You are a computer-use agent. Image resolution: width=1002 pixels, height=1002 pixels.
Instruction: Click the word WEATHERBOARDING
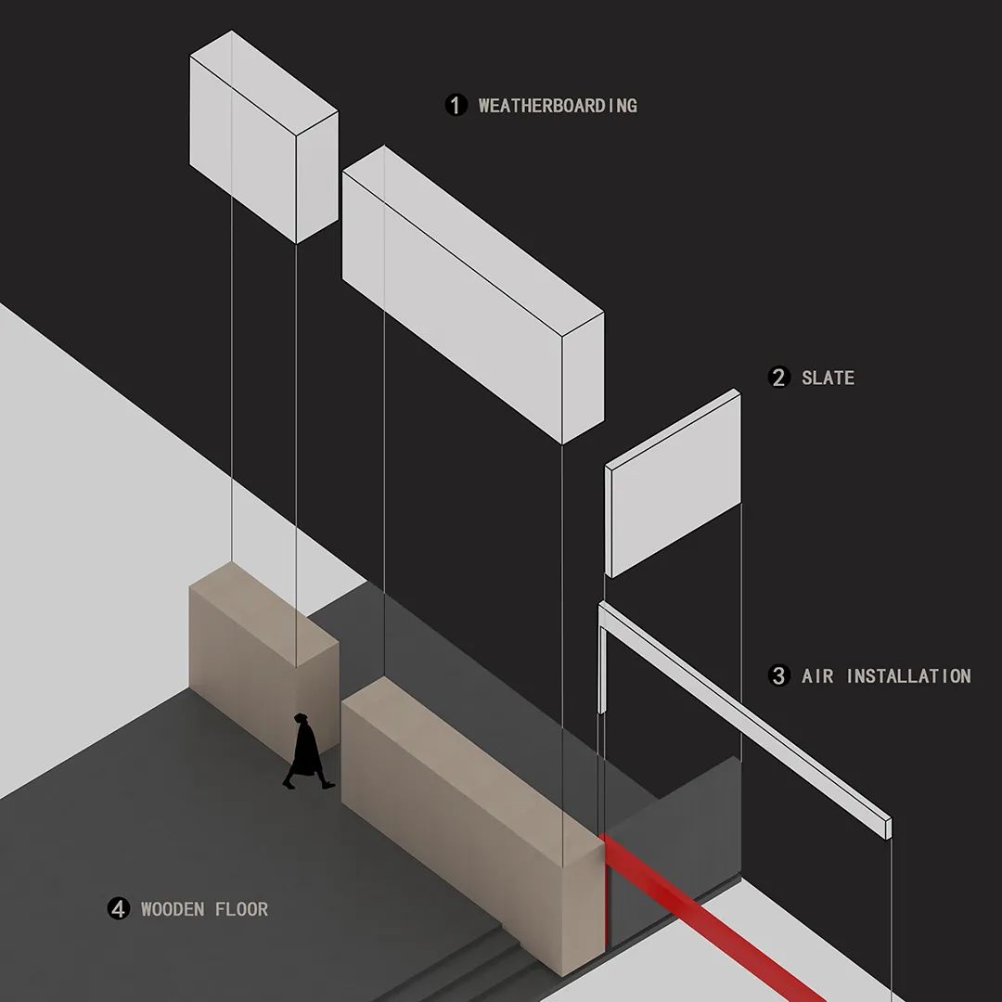[558, 106]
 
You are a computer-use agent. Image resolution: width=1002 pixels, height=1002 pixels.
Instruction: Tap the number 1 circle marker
[456, 105]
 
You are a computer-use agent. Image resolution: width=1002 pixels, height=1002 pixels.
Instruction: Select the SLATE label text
[828, 378]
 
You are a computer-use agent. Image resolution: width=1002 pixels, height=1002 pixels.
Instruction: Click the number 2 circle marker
[778, 377]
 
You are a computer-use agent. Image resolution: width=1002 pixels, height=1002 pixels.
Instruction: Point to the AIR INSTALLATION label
[886, 676]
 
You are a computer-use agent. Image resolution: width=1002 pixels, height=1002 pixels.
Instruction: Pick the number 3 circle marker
[778, 675]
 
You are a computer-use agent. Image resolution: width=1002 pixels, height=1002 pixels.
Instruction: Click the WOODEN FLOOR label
[204, 909]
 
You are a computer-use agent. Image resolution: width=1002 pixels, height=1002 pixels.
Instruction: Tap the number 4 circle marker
[118, 908]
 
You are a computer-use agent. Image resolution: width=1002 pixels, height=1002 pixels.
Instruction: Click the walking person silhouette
[308, 751]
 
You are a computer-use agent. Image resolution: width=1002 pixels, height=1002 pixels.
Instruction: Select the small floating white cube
[263, 136]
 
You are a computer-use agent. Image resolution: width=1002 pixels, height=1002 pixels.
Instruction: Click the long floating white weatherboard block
[473, 295]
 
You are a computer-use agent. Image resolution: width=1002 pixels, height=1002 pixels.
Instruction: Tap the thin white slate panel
[673, 483]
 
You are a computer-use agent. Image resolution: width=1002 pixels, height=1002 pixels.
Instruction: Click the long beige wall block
[473, 825]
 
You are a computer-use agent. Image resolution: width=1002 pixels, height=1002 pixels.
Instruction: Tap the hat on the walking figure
[301, 717]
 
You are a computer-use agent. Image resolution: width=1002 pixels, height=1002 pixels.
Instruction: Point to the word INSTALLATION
[908, 676]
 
